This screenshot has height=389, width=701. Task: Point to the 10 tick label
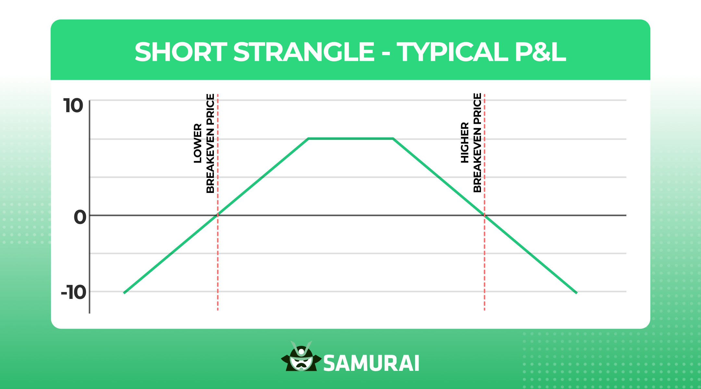(73, 106)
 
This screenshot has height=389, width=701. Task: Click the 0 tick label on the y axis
(80, 217)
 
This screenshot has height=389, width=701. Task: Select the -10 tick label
(74, 292)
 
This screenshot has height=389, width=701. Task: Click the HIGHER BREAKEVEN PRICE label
(471, 143)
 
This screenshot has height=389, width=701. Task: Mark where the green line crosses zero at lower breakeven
(218, 215)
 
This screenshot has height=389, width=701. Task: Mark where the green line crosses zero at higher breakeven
(485, 215)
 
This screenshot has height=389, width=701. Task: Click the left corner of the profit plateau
(308, 138)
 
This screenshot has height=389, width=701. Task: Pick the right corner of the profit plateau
(393, 138)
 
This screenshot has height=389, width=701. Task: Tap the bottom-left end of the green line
(124, 293)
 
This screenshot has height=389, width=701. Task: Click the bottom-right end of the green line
(576, 293)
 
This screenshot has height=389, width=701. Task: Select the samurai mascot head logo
(301, 357)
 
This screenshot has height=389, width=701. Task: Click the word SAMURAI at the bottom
(371, 363)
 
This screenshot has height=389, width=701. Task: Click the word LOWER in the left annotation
(198, 143)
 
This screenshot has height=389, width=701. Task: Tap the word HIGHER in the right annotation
(465, 143)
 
